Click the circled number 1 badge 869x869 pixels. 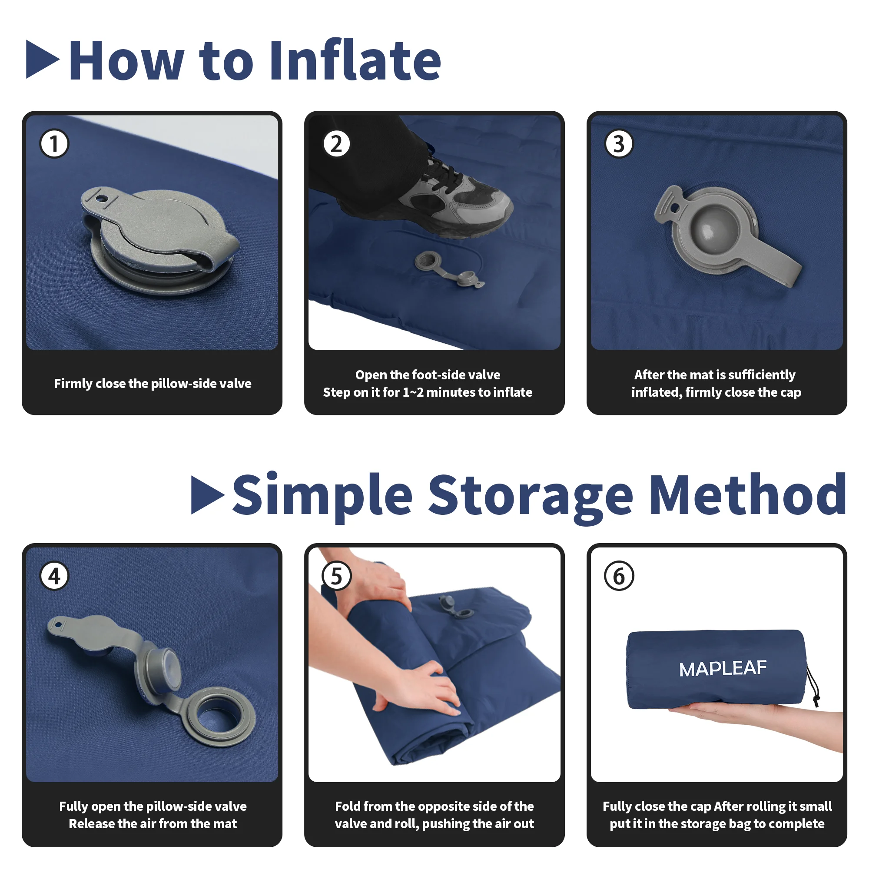pos(54,144)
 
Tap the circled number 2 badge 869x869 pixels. pos(336,144)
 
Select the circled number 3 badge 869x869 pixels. pos(619,144)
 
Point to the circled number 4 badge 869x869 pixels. pos(54,576)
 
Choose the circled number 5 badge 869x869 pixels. pos(336,576)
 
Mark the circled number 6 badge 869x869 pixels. pos(619,576)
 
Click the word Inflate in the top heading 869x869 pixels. pos(355,61)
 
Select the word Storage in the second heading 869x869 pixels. pos(531,495)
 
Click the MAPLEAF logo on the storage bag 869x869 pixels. pos(723,669)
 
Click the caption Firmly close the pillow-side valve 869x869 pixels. pos(153,384)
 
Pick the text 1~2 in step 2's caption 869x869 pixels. pos(412,392)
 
